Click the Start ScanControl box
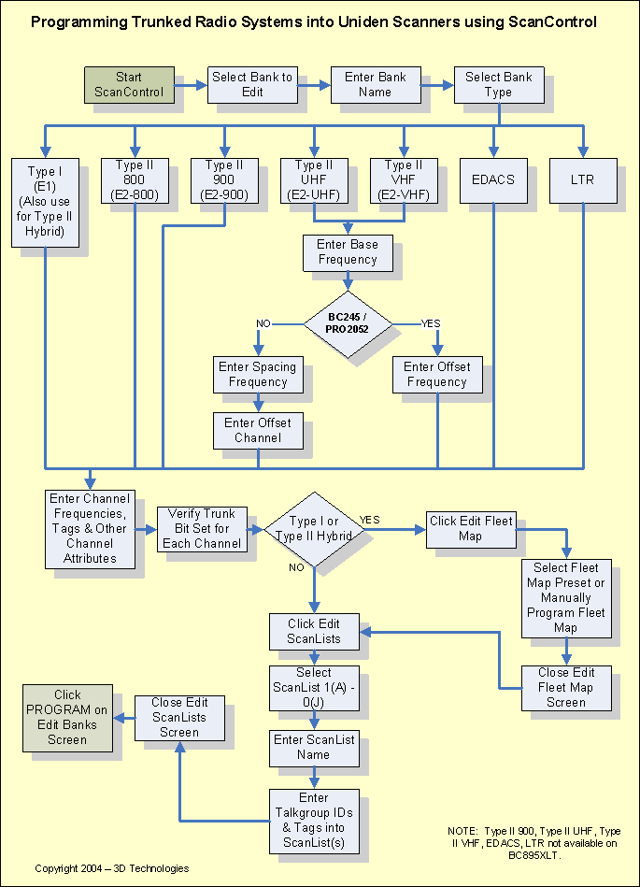click(129, 84)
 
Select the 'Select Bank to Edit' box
click(251, 84)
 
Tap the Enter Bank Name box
click(374, 84)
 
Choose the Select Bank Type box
click(498, 84)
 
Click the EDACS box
click(493, 179)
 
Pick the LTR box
click(583, 179)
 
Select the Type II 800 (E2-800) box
click(135, 179)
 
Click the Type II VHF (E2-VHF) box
click(404, 179)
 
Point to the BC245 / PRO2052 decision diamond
click(348, 323)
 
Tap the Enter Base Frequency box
click(348, 252)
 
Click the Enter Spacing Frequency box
click(258, 374)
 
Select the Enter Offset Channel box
click(258, 430)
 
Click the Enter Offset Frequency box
click(436, 374)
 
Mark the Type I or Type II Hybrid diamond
click(314, 528)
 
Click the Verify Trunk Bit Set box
click(203, 529)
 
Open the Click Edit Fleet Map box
click(470, 529)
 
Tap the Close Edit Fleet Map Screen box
click(565, 687)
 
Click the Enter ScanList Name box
click(314, 747)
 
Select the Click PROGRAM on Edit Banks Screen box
click(68, 717)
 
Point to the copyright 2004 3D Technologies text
click(112, 868)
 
